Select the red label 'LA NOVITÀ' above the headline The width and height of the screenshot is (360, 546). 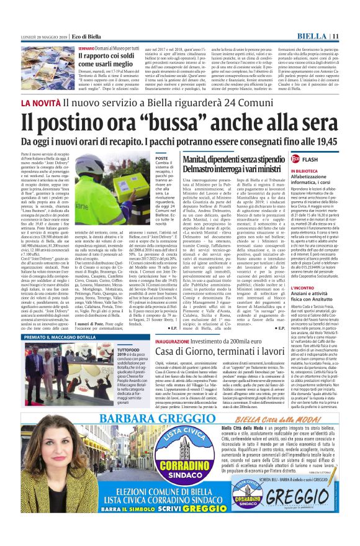click(x=41, y=101)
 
